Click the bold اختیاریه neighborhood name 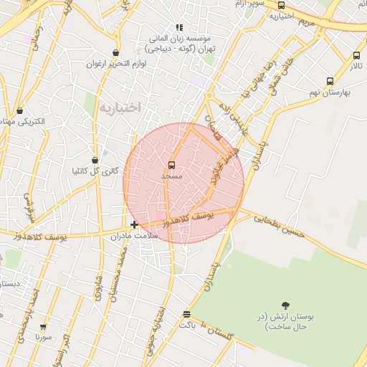click(x=120, y=108)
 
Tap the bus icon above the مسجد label click(x=171, y=165)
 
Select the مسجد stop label click(x=172, y=176)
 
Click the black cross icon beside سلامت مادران click(x=134, y=225)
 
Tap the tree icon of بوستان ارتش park click(x=285, y=306)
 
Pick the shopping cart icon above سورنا click(x=43, y=326)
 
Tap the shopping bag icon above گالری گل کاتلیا click(x=95, y=161)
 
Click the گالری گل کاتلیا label click(x=95, y=171)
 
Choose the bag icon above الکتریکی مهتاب click(x=19, y=111)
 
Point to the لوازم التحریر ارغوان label click(x=116, y=64)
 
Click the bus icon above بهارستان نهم click(x=330, y=81)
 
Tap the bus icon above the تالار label click(x=356, y=55)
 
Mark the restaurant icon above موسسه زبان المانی click(x=179, y=27)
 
